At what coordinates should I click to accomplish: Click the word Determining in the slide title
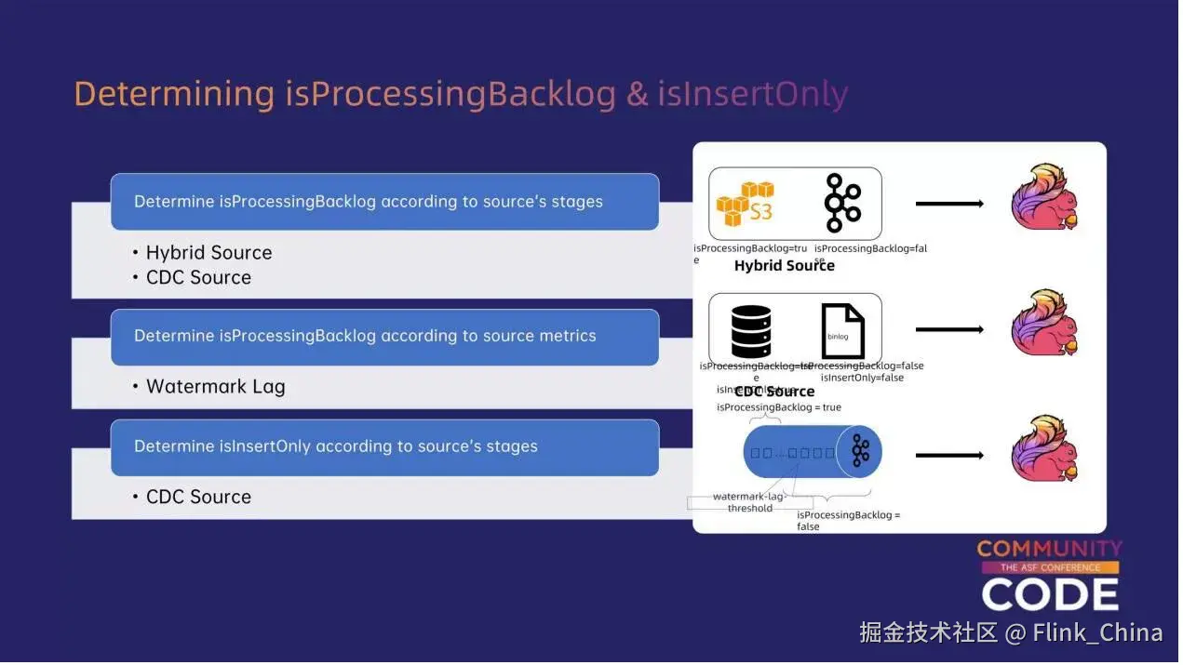pos(174,95)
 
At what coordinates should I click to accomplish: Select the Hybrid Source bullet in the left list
pos(208,253)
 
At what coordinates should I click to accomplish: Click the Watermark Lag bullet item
pos(215,387)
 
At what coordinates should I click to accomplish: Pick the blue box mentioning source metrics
pos(384,337)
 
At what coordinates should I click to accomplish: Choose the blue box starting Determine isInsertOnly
pos(384,447)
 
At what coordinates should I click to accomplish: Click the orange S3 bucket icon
pos(745,204)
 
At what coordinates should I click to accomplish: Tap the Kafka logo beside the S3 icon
pos(842,203)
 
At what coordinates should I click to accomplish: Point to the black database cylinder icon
pos(750,332)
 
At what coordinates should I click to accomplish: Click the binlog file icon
pos(842,332)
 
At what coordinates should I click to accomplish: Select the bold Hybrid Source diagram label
pos(784,266)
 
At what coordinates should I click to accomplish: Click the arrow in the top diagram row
pos(948,204)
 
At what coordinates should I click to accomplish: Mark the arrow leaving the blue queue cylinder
pos(948,456)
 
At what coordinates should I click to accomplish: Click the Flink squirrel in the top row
pos(1044,198)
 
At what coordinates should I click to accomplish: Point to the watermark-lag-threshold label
pos(750,502)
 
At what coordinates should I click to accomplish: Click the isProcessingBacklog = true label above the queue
pos(778,408)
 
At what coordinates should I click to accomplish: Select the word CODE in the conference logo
pos(1050,595)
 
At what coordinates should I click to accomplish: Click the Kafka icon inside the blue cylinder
pos(860,452)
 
